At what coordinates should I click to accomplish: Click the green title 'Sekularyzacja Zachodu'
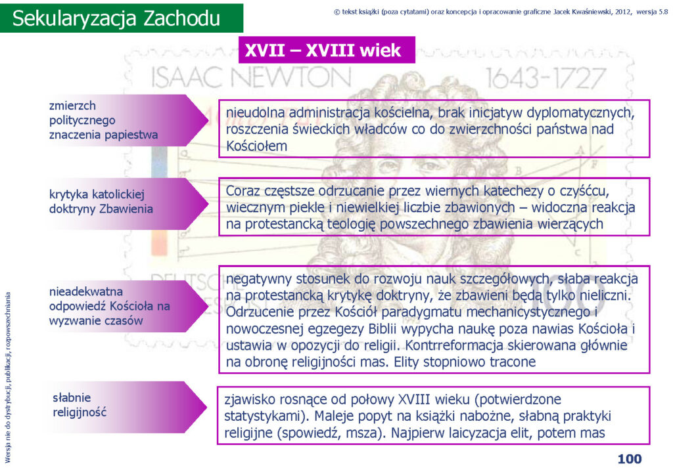[116, 18]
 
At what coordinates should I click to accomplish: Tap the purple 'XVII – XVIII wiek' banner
[327, 50]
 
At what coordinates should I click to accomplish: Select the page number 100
[629, 459]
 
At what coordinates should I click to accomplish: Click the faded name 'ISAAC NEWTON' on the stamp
[251, 78]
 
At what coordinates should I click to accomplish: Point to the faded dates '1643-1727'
[545, 78]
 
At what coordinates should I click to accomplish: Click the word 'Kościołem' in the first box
[257, 146]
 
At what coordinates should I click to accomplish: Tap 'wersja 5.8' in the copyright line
[652, 12]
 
